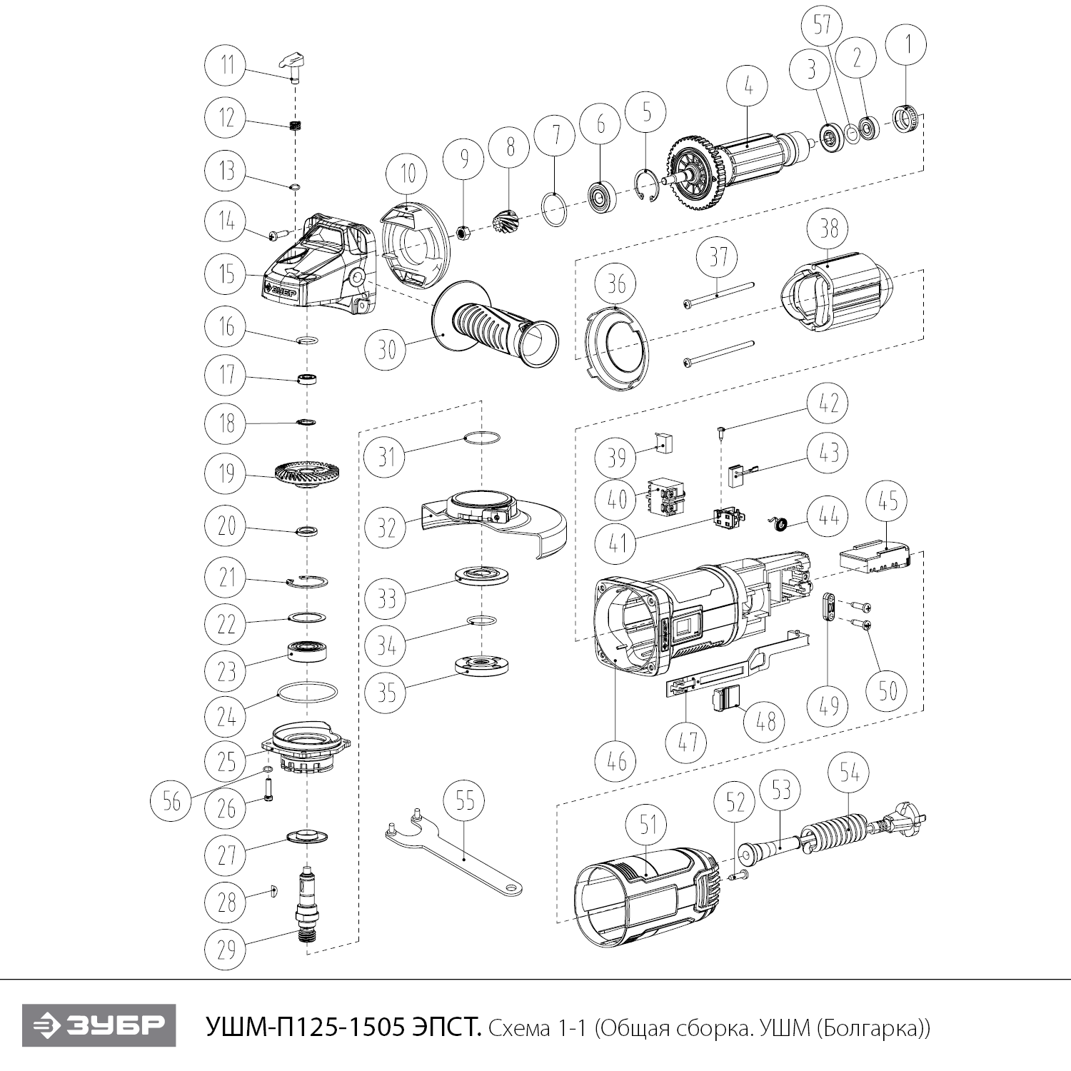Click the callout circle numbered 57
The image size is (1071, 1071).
(823, 26)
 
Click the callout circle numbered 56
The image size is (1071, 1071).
(171, 801)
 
